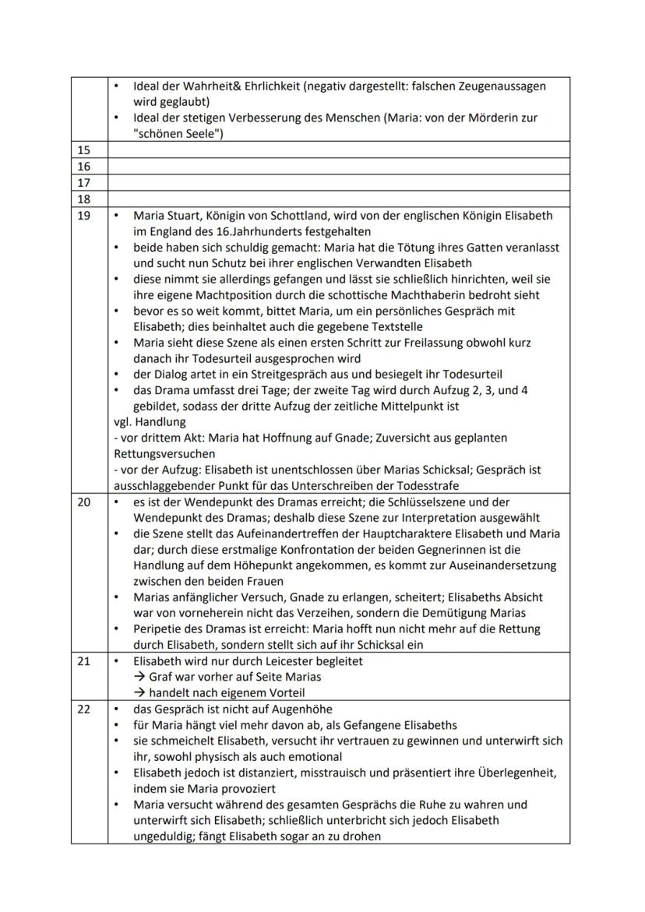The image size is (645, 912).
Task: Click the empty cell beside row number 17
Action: click(338, 183)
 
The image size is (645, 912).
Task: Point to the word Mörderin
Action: click(488, 118)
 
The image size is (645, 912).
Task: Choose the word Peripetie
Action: click(157, 629)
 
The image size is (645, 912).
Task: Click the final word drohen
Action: click(361, 836)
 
